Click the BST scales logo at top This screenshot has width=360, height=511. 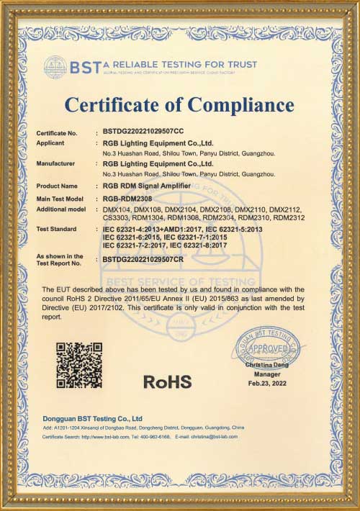(55, 68)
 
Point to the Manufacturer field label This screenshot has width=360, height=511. (55, 163)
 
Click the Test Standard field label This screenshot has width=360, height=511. (57, 228)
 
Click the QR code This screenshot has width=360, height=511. (79, 365)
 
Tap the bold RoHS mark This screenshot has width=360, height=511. (168, 381)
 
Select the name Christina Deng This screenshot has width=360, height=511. (267, 366)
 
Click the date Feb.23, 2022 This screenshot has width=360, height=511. (267, 384)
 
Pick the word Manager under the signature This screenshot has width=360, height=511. (267, 375)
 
